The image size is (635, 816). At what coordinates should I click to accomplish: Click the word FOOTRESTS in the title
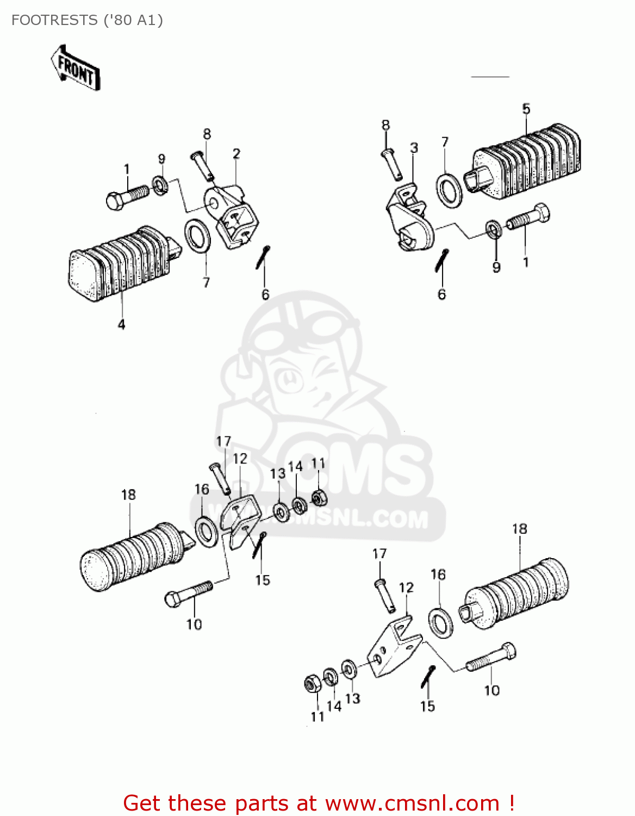point(54,20)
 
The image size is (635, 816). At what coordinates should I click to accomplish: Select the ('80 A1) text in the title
point(132,20)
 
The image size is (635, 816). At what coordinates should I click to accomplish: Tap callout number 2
point(236,154)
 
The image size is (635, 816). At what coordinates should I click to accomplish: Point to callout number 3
point(414,148)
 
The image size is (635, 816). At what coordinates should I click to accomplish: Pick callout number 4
point(121,325)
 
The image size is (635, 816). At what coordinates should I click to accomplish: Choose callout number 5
point(526,109)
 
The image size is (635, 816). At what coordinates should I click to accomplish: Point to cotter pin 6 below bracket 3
point(442,260)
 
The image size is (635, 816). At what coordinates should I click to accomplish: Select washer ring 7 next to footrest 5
point(450,190)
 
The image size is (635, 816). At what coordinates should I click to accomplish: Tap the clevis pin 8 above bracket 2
point(203,165)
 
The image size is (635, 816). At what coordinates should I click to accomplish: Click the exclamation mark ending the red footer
point(512,803)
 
